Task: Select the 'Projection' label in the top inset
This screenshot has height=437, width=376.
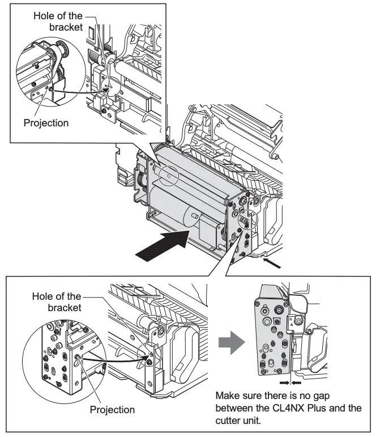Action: pyautogui.click(x=46, y=122)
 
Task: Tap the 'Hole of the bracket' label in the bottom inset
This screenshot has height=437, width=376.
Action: pyautogui.click(x=57, y=302)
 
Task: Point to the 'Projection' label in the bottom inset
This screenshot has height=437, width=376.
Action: pyautogui.click(x=113, y=409)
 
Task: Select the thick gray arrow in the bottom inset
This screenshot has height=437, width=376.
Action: pyautogui.click(x=233, y=341)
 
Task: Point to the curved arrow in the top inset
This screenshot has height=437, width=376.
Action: pyautogui.click(x=79, y=91)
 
